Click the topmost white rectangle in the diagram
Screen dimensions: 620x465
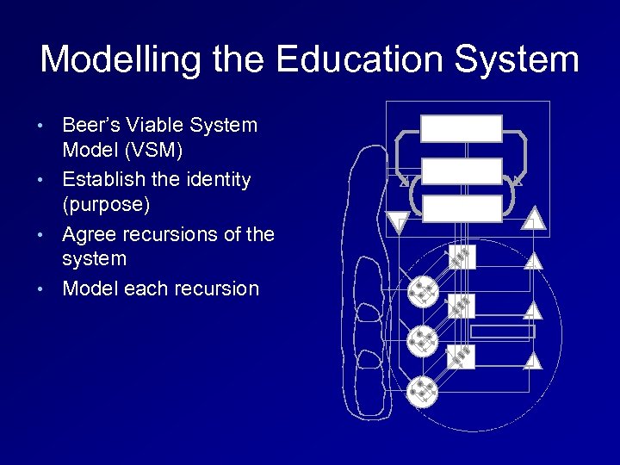pyautogui.click(x=462, y=129)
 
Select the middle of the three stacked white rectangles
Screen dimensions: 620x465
pyautogui.click(x=462, y=170)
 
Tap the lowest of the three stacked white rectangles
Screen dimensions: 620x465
pyautogui.click(x=462, y=208)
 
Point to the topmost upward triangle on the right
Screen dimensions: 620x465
pyautogui.click(x=535, y=219)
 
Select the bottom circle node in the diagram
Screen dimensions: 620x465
pyautogui.click(x=422, y=391)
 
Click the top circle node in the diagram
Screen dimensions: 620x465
pyautogui.click(x=422, y=293)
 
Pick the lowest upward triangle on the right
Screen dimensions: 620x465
pyautogui.click(x=535, y=360)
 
